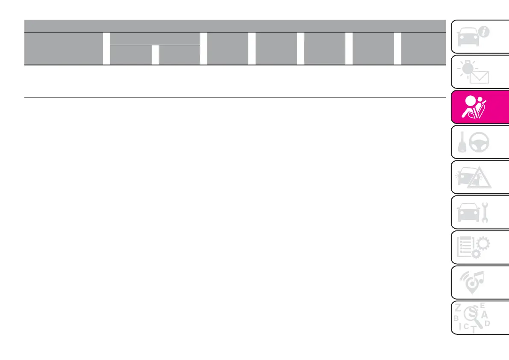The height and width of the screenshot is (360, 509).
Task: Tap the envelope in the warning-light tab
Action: [x=480, y=77]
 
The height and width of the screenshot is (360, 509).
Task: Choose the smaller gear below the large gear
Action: [x=476, y=255]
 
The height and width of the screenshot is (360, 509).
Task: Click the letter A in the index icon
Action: [x=484, y=314]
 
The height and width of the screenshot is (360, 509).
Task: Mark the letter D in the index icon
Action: [x=487, y=324]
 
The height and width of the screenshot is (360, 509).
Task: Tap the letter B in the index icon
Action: [x=456, y=318]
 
